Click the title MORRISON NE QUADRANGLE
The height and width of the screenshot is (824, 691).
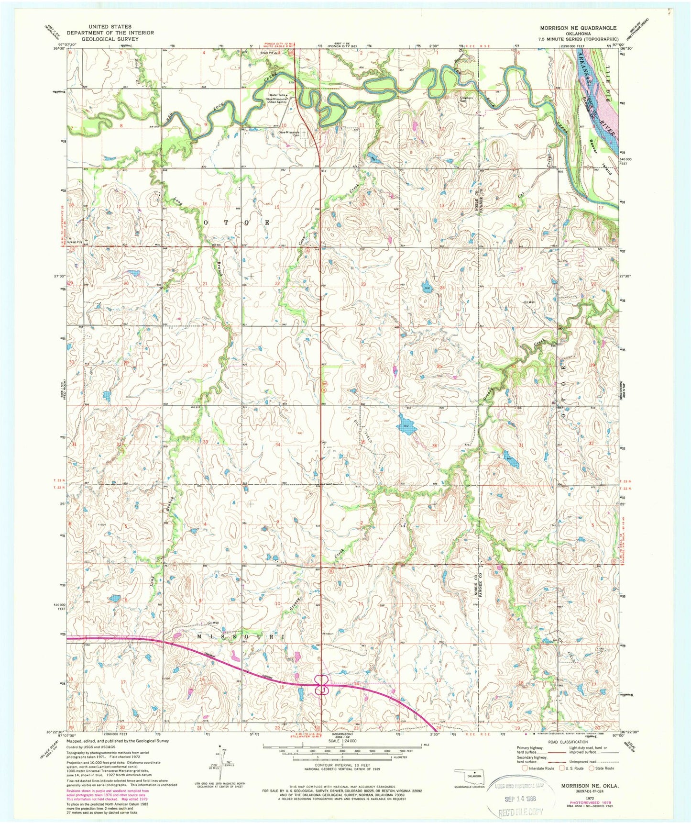click(578, 28)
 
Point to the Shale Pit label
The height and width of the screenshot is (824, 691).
click(266, 53)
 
